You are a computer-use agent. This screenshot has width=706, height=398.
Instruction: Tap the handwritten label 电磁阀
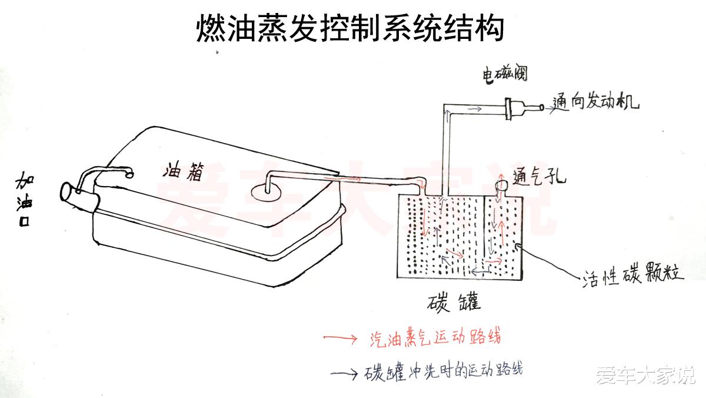[x=504, y=75]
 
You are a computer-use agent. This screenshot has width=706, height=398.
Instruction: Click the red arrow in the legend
[x=340, y=339]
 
